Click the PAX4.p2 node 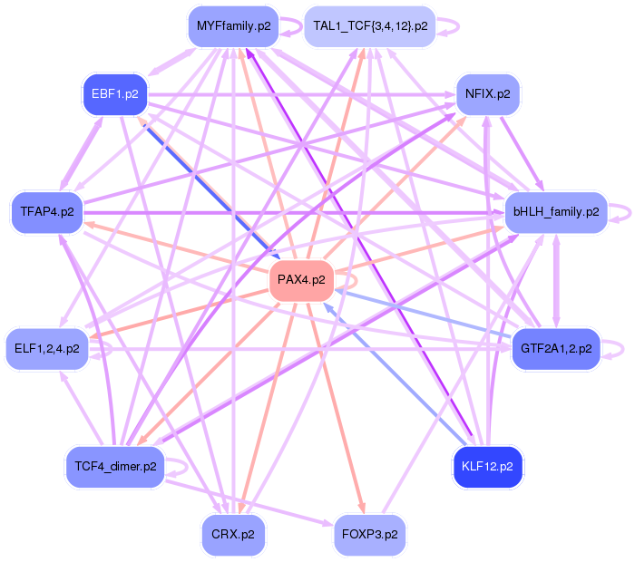tap(301, 280)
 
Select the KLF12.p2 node tap(487, 467)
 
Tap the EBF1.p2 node tap(115, 94)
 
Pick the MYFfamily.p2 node tap(234, 26)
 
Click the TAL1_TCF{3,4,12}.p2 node tap(370, 26)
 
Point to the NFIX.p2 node tap(488, 94)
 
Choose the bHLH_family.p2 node tap(556, 212)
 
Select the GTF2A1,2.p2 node tap(556, 348)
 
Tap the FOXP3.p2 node tap(370, 535)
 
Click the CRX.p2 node tap(233, 535)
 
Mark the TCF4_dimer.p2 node tap(115, 467)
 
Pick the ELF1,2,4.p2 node tap(47, 348)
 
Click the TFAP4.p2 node tap(47, 212)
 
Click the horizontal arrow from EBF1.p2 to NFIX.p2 tap(302, 94)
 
